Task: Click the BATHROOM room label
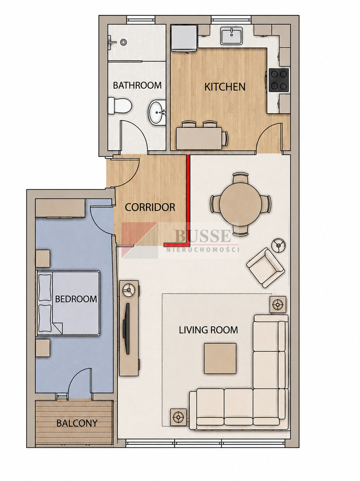(137, 85)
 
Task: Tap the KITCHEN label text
(225, 87)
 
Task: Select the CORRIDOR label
(150, 207)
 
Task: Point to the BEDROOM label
(76, 299)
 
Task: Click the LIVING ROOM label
(208, 330)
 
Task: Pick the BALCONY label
(77, 423)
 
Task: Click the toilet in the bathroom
(120, 106)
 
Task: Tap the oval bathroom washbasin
(157, 113)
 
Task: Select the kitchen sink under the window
(231, 36)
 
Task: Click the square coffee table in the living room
(220, 358)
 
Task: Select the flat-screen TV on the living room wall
(126, 328)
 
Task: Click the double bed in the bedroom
(69, 303)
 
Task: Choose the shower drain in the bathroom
(123, 42)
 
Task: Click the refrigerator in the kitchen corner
(184, 39)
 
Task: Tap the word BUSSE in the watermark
(203, 236)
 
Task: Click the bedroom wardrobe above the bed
(61, 209)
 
